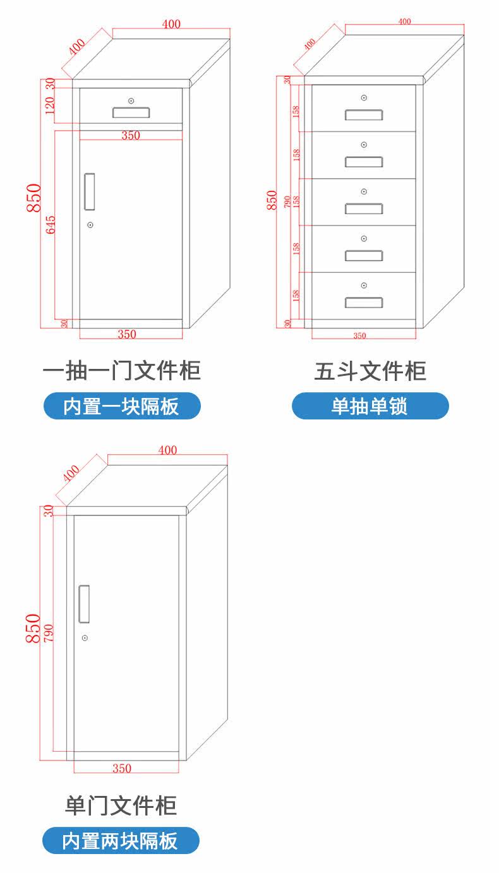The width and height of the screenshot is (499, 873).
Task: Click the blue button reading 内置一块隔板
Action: pyautogui.click(x=121, y=406)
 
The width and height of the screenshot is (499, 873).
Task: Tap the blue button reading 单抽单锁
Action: pyautogui.click(x=370, y=406)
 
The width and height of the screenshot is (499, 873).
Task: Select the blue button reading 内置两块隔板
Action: pyautogui.click(x=121, y=841)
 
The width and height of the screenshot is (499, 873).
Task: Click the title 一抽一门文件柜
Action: pyautogui.click(x=121, y=370)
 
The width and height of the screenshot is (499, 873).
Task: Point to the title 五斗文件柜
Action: pyautogui.click(x=370, y=371)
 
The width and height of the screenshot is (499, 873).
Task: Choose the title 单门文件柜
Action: pyautogui.click(x=121, y=805)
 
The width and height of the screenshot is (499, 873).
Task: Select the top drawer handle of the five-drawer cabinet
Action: pyautogui.click(x=364, y=114)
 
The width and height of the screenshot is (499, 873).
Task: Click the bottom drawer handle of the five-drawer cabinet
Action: pyautogui.click(x=364, y=302)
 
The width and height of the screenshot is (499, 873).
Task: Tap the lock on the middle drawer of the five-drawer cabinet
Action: pyautogui.click(x=364, y=191)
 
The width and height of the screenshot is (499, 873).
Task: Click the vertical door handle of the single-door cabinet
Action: pyautogui.click(x=83, y=603)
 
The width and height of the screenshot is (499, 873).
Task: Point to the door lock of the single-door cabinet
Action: pyautogui.click(x=85, y=638)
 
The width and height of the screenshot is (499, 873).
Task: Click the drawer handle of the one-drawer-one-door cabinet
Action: pyautogui.click(x=131, y=112)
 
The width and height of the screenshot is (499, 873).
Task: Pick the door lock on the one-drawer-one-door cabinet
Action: pyautogui.click(x=90, y=225)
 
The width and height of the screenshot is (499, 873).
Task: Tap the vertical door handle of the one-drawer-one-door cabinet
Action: pyautogui.click(x=90, y=191)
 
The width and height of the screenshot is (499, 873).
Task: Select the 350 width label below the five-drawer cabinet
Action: pyautogui.click(x=359, y=336)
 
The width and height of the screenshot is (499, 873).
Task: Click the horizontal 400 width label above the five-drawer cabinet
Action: pyautogui.click(x=404, y=21)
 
